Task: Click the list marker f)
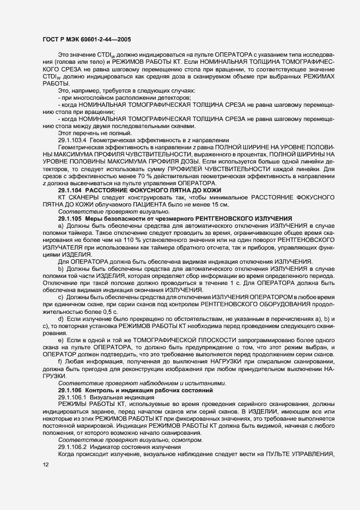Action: click(x=60, y=361)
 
